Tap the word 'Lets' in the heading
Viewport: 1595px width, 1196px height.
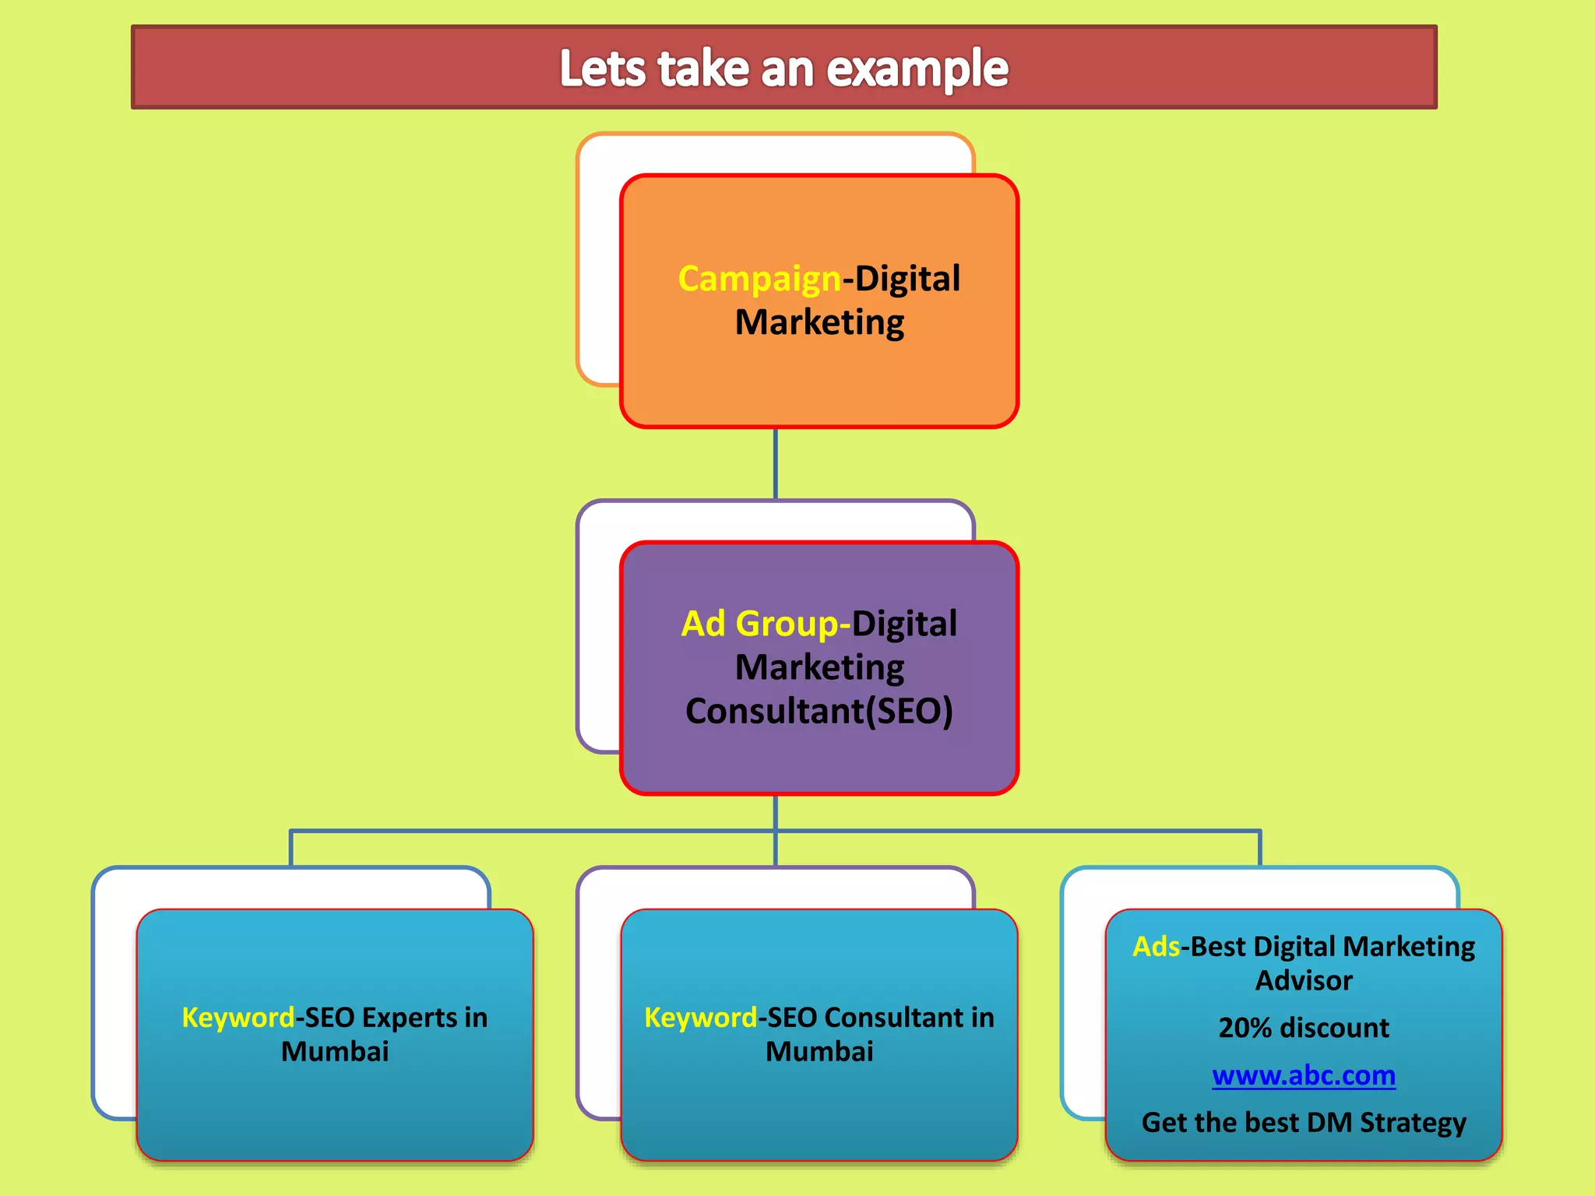click(x=602, y=69)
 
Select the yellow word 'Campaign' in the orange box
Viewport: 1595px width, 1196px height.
click(x=759, y=279)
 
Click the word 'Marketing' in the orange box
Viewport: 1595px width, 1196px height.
click(x=819, y=322)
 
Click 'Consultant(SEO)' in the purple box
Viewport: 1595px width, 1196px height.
click(x=819, y=711)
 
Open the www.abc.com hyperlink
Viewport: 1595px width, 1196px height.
click(x=1303, y=1075)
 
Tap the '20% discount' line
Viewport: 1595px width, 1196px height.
click(x=1303, y=1028)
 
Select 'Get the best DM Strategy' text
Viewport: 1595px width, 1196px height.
click(x=1303, y=1123)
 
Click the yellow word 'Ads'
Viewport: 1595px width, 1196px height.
click(x=1156, y=947)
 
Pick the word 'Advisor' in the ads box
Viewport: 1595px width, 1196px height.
click(x=1303, y=980)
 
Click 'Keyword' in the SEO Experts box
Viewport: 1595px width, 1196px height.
click(x=238, y=1018)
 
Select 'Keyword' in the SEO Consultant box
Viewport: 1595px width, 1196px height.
click(x=699, y=1018)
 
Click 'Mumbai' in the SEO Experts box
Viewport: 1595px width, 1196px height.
click(x=335, y=1052)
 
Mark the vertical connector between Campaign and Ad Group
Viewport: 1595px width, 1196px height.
click(x=775, y=464)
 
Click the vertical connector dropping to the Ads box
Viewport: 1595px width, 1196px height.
click(x=1259, y=848)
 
